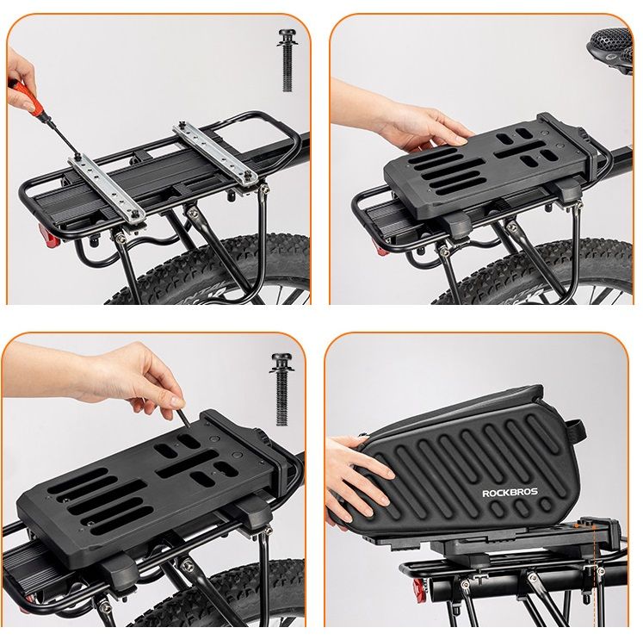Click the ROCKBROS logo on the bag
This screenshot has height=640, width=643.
click(510, 493)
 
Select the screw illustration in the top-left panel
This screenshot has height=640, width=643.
click(287, 60)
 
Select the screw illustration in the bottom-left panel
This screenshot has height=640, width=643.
click(281, 389)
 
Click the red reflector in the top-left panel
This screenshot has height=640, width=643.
click(49, 236)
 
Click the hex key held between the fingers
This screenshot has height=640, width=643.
click(183, 416)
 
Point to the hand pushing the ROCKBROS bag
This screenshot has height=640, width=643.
click(356, 480)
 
